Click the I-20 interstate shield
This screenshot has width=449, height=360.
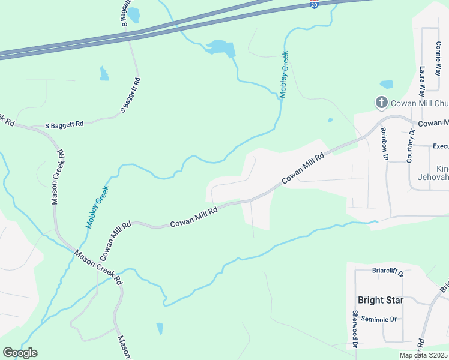315,4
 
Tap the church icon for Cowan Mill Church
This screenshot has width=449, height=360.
381,103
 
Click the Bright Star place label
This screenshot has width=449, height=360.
380,300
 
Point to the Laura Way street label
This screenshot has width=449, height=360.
422,81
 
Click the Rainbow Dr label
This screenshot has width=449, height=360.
385,144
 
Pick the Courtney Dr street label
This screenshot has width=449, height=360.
410,146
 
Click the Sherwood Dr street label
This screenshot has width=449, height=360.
355,329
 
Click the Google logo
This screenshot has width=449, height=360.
20,353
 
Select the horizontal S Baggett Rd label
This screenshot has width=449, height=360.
65,125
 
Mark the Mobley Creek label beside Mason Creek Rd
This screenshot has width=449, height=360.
97,208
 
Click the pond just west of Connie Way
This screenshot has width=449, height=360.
387,85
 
